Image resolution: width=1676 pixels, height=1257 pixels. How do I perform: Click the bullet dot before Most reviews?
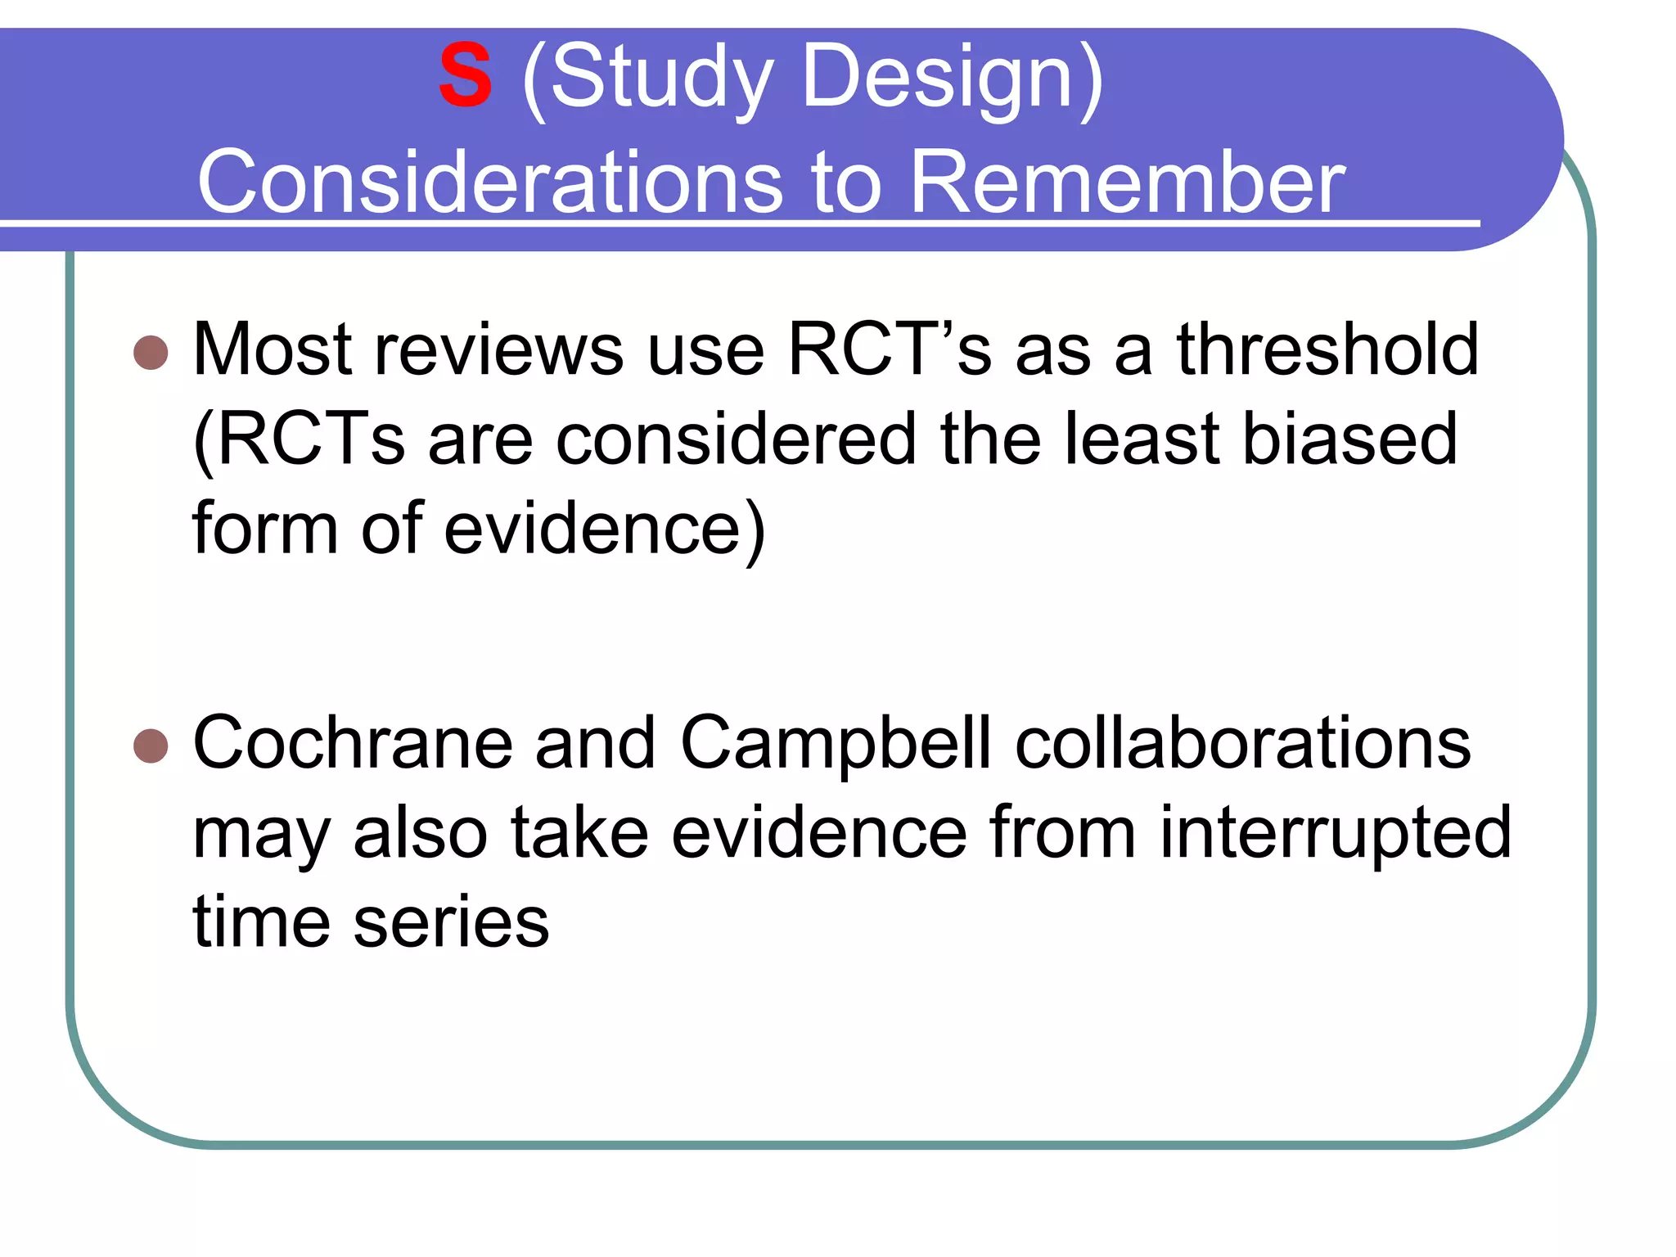[x=151, y=353]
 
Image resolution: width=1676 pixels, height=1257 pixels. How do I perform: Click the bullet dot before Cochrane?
[x=151, y=746]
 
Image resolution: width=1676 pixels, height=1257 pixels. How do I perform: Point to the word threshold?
[x=1327, y=349]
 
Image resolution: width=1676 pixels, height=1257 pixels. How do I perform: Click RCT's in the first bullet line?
[x=889, y=349]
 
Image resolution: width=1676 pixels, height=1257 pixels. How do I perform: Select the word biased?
[x=1349, y=439]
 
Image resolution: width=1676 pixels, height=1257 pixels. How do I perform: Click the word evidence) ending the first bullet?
[x=605, y=529]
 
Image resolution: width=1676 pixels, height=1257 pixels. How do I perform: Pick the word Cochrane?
[x=353, y=742]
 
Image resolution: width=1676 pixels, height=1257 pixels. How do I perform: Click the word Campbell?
[x=836, y=744]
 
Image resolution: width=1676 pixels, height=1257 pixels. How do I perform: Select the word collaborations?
[x=1242, y=742]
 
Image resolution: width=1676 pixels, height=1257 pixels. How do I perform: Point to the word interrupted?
[x=1335, y=834]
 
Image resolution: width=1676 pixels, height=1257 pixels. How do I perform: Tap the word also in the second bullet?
[x=421, y=832]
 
